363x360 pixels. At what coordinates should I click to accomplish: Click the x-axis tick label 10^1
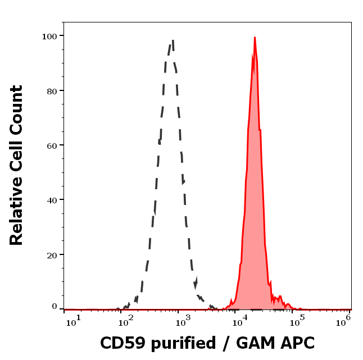tap(74, 320)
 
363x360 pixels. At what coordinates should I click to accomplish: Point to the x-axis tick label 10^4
tap(239, 320)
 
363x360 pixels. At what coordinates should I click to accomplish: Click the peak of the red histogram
tap(255, 38)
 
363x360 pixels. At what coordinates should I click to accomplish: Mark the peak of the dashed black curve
tap(173, 40)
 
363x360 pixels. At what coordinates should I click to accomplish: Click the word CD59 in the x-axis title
tap(120, 343)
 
